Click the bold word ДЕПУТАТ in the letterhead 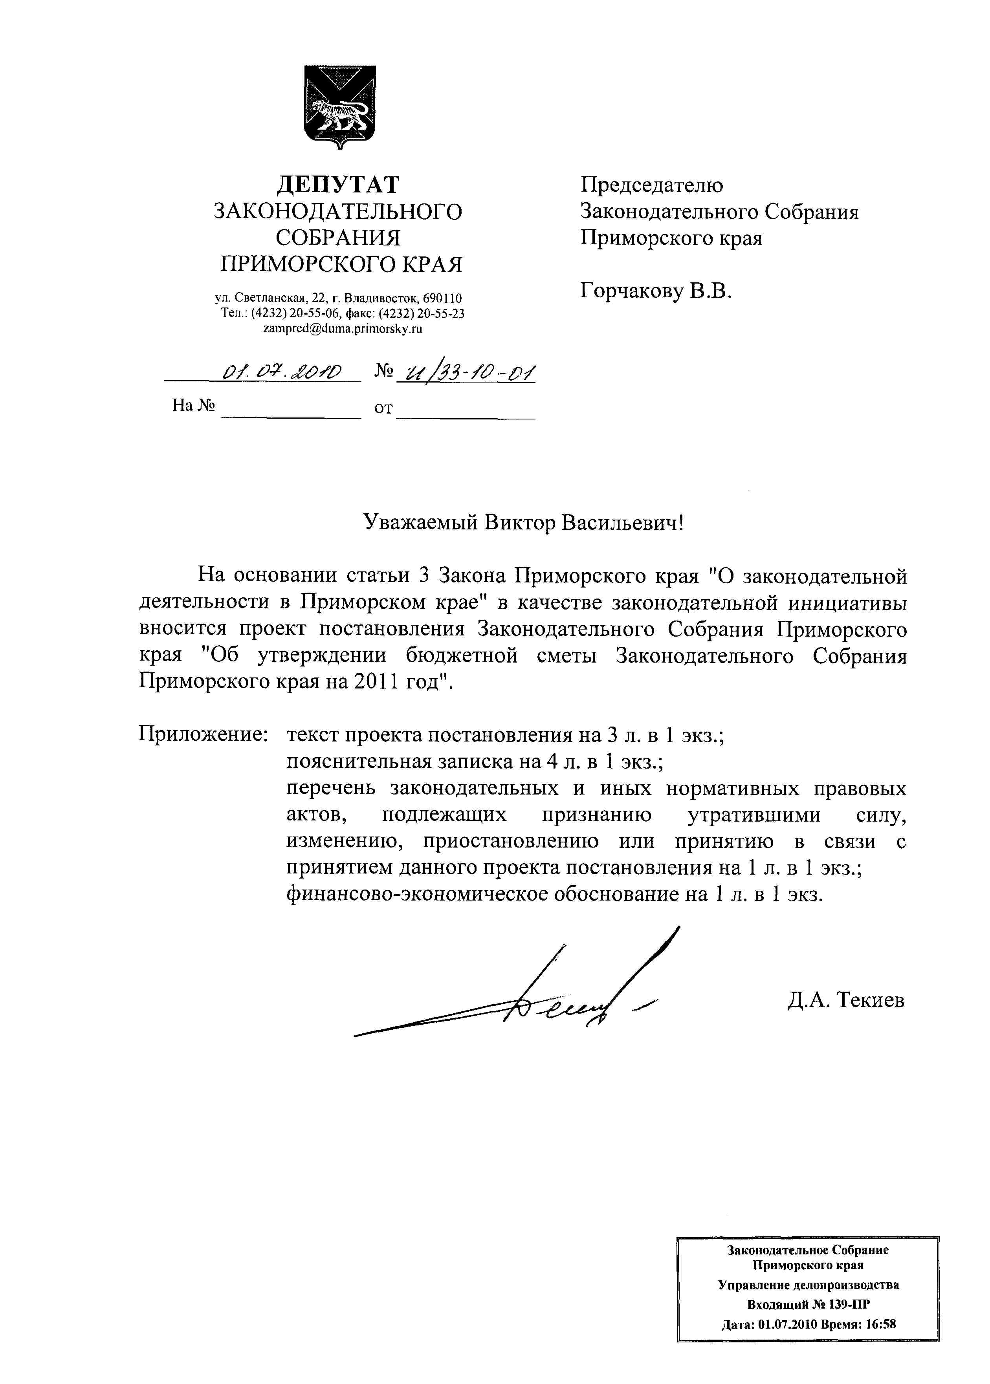click(x=338, y=185)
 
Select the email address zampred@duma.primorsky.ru click(x=342, y=329)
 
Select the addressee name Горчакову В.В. click(x=655, y=291)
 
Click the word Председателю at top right click(x=651, y=185)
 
